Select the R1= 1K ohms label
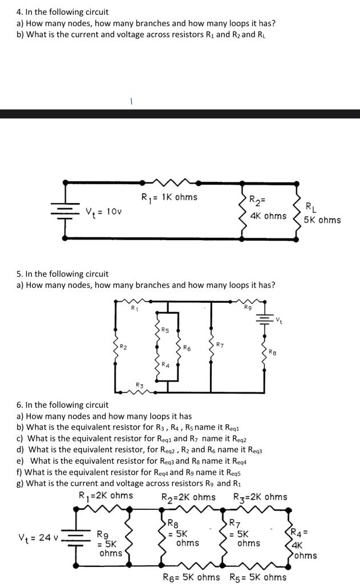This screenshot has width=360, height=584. click(x=169, y=197)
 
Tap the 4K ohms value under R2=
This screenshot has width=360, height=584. click(x=268, y=216)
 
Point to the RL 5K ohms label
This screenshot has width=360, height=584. click(x=322, y=213)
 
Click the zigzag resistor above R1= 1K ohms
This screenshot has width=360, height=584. click(x=170, y=182)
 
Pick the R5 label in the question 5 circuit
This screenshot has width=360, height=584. click(x=165, y=330)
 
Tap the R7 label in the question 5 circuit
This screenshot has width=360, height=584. click(x=220, y=344)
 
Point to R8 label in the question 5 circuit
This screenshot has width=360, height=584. click(x=273, y=352)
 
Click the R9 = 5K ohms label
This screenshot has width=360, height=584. click(x=110, y=544)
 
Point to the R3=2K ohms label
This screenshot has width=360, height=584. click(x=260, y=496)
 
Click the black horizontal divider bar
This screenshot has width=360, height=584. click(x=180, y=113)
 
